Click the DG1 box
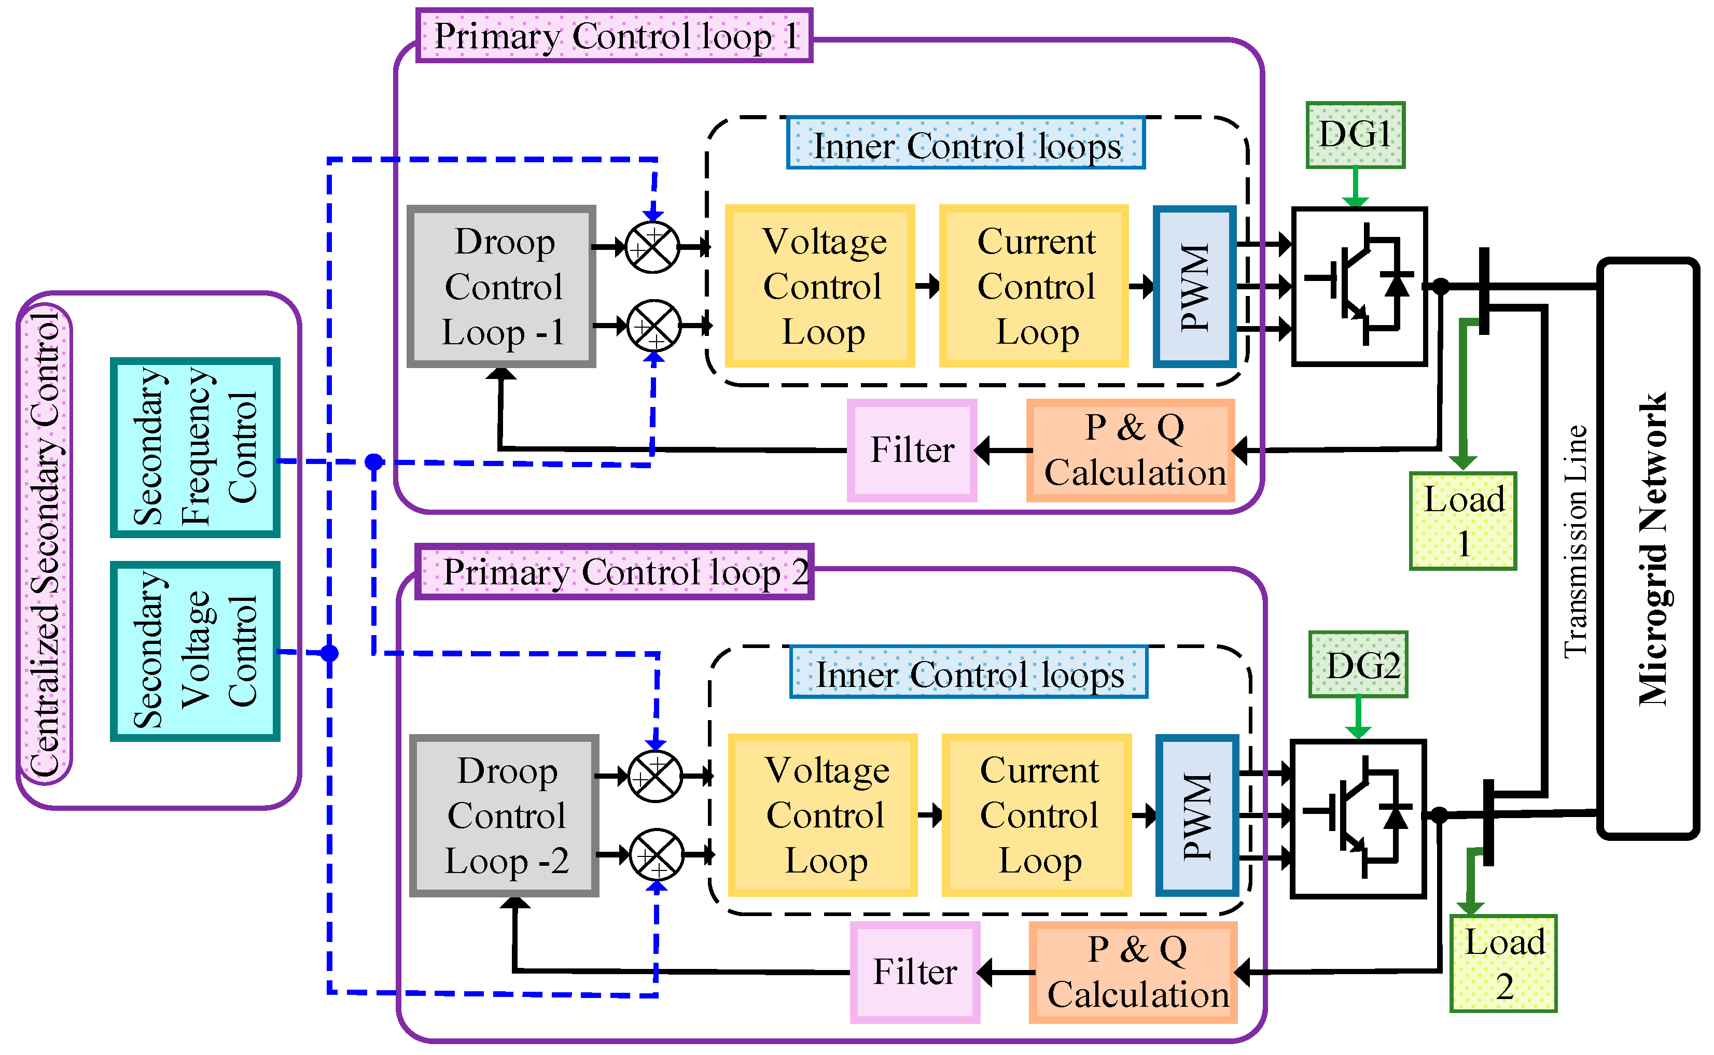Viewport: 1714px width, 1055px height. (1355, 135)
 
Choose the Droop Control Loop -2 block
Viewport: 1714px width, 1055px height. (504, 815)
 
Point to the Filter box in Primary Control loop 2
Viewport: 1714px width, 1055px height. (914, 971)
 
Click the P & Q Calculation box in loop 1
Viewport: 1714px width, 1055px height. (1130, 450)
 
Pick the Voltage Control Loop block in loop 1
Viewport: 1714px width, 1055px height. (819, 286)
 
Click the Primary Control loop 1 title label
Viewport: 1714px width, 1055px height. (614, 36)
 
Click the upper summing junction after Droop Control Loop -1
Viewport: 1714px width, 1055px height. (652, 247)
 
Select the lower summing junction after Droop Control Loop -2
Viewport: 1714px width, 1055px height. (656, 855)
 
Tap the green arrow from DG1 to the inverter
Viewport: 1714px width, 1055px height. (1355, 187)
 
